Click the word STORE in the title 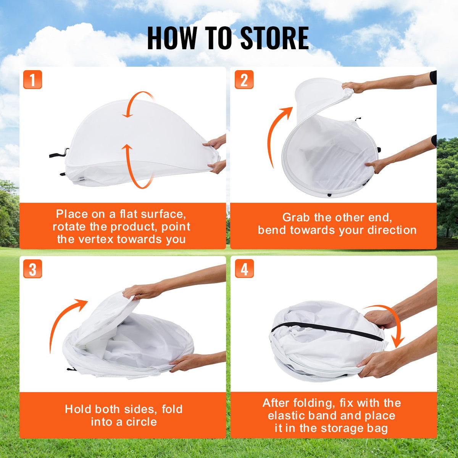click(274, 38)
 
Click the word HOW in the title click(172, 38)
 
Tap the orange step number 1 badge click(32, 80)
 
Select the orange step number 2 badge click(244, 80)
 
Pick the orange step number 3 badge click(32, 269)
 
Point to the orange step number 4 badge click(244, 269)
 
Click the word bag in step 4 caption click(377, 428)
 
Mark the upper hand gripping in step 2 click(353, 87)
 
